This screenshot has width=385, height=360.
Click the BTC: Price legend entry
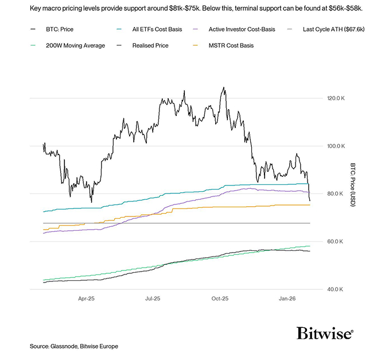pos(57,28)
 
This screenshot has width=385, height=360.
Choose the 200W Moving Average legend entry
pos(69,45)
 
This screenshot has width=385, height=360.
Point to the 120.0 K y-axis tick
pos(336,98)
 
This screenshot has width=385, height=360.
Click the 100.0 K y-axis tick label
pos(336,146)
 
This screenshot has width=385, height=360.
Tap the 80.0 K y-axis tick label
pos(335,193)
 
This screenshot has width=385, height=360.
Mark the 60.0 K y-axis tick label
pos(335,241)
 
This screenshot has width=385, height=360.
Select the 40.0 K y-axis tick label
pos(335,289)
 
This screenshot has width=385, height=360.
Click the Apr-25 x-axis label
pos(86,299)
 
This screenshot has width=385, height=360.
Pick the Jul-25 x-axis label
pos(153,299)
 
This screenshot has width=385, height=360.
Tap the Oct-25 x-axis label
pos(220,299)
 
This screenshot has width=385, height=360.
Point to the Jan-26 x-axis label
pos(287,299)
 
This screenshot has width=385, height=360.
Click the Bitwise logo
pos(325,332)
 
